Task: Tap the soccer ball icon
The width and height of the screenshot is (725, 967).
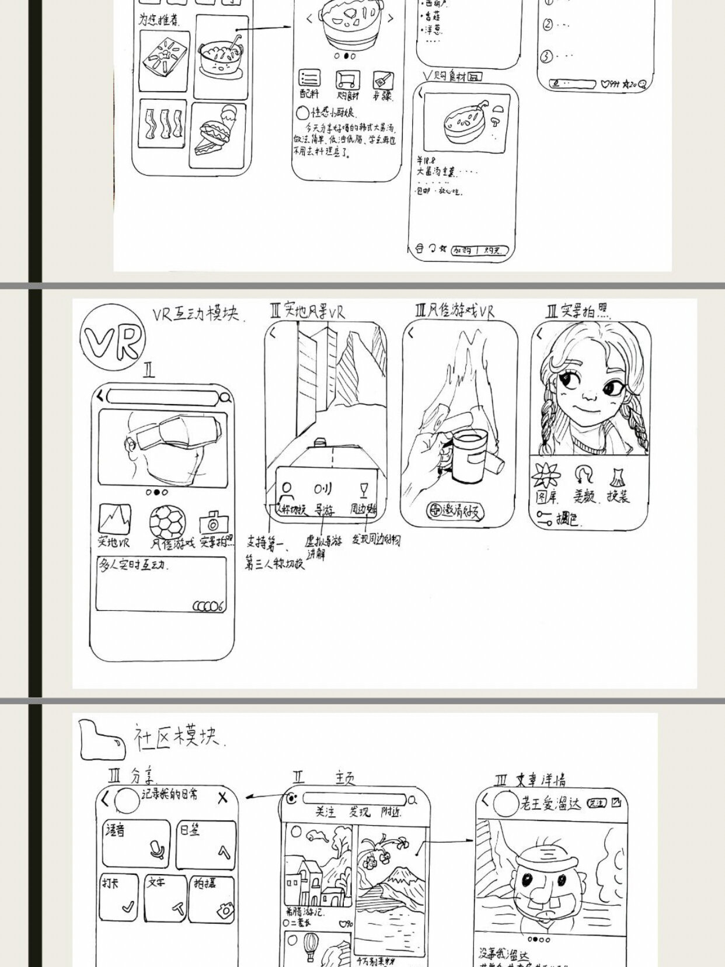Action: pyautogui.click(x=168, y=520)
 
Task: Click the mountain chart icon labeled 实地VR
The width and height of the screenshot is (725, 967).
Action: pyautogui.click(x=114, y=519)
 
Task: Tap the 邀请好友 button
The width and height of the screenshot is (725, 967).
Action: pyautogui.click(x=456, y=511)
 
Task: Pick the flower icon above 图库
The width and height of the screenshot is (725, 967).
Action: pyautogui.click(x=546, y=476)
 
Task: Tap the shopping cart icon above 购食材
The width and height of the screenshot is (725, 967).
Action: pyautogui.click(x=347, y=79)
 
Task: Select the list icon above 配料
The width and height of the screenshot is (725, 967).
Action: pyautogui.click(x=309, y=78)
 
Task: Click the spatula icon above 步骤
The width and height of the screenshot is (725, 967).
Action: pyautogui.click(x=383, y=79)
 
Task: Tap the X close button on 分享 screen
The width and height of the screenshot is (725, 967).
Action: pyautogui.click(x=222, y=798)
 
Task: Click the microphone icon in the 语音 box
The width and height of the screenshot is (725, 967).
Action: pyautogui.click(x=156, y=849)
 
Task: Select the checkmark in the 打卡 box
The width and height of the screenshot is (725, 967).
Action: pyautogui.click(x=128, y=907)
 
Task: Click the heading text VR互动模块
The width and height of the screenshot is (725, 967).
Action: pyautogui.click(x=196, y=314)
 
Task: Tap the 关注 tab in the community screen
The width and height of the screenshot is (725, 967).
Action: pyautogui.click(x=326, y=811)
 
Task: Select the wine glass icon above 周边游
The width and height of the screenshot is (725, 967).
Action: pyautogui.click(x=364, y=489)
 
